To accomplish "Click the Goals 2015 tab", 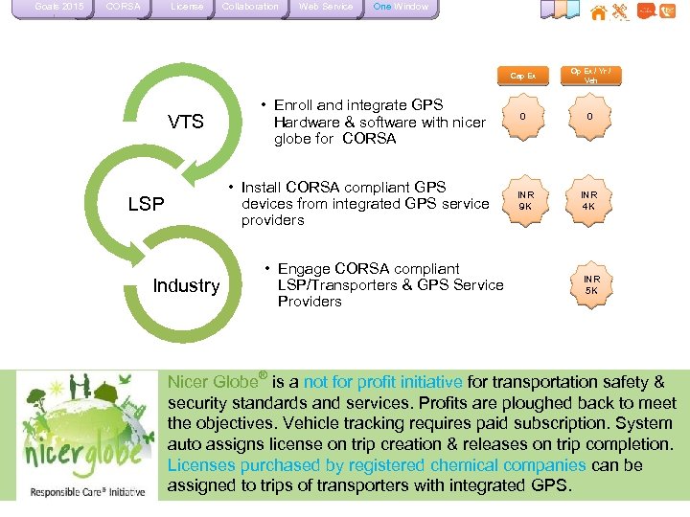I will [x=58, y=8].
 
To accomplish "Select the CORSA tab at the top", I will [x=123, y=8].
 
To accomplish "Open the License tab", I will [x=186, y=8].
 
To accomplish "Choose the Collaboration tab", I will [x=250, y=8].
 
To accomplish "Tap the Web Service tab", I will [x=325, y=8].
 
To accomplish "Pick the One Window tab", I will [x=401, y=8].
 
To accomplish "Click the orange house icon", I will [x=598, y=12].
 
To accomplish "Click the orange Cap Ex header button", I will [x=522, y=76].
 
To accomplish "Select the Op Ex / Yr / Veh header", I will [x=590, y=75].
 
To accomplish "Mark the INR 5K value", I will [x=590, y=284].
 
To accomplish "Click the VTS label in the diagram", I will [x=186, y=122].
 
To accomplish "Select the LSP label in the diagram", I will [x=147, y=204].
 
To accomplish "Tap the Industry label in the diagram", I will [x=186, y=285].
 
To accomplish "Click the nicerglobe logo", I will [x=85, y=437].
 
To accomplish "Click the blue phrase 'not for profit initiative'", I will [x=382, y=382].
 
